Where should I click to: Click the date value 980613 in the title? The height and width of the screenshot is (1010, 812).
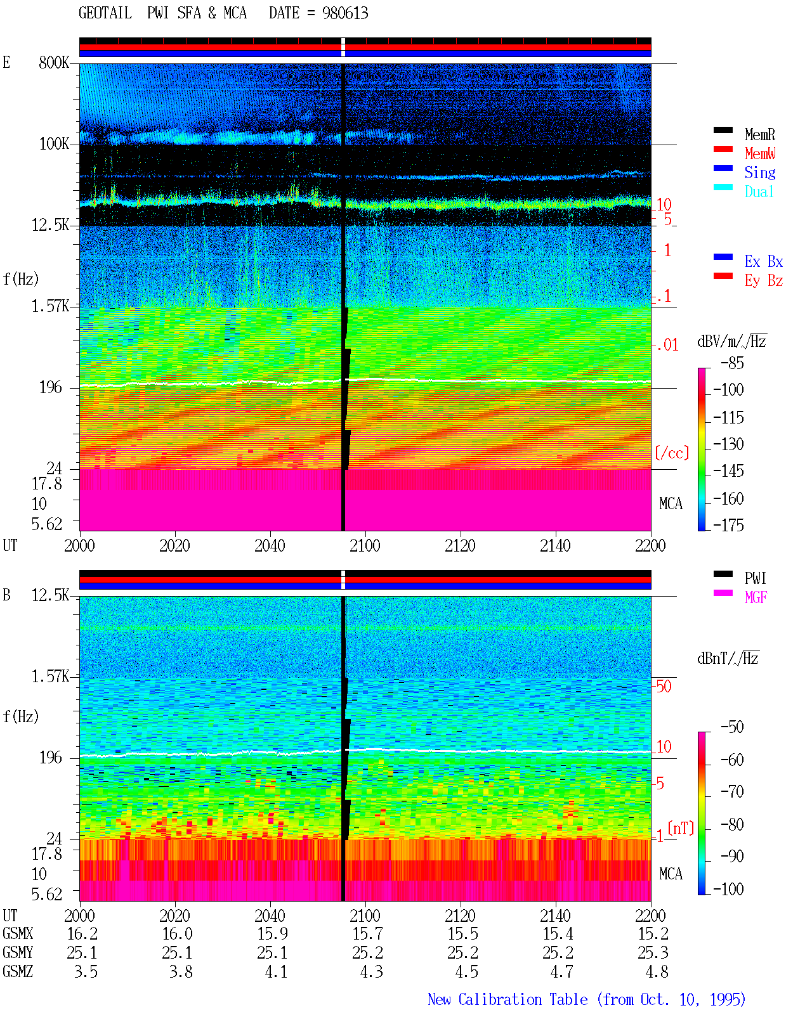coord(345,13)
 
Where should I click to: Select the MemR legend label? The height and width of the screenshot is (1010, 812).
coord(760,134)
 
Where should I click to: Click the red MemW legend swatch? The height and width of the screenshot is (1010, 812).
coord(723,149)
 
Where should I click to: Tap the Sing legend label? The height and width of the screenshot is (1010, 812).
coord(760,172)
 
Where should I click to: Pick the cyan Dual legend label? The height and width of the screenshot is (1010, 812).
coord(759,191)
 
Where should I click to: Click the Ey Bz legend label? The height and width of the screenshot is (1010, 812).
coord(764,281)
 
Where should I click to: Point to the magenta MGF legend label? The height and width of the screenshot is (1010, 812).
coord(756,597)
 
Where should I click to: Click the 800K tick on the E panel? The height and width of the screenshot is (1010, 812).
coord(54,62)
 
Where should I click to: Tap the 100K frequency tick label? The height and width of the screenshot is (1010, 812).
coord(54,144)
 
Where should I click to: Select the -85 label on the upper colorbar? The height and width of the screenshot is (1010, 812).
coord(732,363)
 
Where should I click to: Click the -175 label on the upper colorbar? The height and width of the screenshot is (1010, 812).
coord(728,525)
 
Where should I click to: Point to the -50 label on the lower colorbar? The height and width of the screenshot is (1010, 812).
coord(732,727)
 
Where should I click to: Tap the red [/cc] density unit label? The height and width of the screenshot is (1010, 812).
coord(672,453)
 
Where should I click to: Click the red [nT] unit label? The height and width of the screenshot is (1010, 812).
coord(681,828)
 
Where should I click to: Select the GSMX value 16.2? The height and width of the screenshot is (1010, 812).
coord(82,934)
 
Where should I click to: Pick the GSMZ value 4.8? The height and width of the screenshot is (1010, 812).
coord(657,971)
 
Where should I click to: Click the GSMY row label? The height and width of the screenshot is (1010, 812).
coord(18,953)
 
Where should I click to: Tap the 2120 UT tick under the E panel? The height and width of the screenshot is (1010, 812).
coord(461,545)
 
